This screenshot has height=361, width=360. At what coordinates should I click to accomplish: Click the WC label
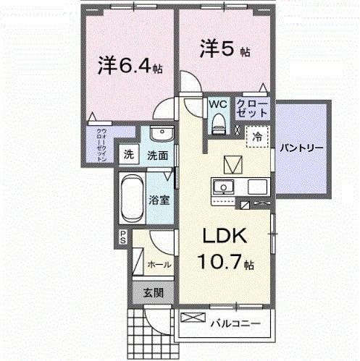point(217,105)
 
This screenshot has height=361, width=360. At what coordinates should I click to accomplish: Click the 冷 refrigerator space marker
point(257,135)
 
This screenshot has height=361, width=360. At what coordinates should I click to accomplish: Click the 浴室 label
point(161,200)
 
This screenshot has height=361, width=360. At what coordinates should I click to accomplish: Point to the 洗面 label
point(158,155)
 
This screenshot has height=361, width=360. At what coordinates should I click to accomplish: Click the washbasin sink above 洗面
point(160,135)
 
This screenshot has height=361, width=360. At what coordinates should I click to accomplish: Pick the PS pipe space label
point(124,236)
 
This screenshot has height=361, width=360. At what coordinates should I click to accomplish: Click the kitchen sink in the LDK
point(225,187)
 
